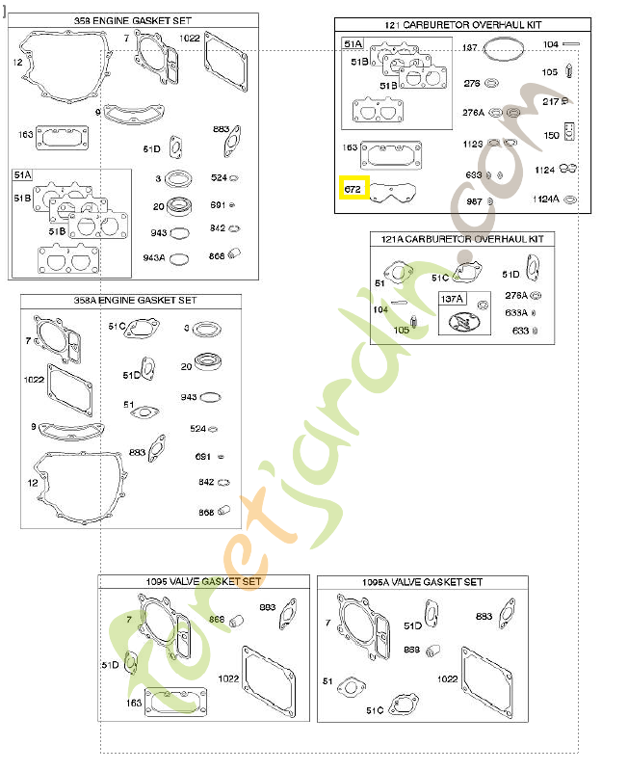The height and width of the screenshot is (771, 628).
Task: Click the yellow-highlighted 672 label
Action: click(x=353, y=190)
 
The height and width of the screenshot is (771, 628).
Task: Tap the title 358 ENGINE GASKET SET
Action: click(x=134, y=20)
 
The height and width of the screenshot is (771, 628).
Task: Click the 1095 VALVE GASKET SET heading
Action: click(x=203, y=581)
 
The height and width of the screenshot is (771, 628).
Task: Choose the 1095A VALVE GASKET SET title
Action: click(x=422, y=582)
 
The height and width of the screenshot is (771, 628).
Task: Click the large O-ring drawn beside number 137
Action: click(x=502, y=46)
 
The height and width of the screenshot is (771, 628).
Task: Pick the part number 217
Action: click(x=550, y=101)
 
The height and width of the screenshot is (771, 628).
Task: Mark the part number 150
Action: click(x=551, y=135)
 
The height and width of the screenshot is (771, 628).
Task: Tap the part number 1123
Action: click(x=472, y=145)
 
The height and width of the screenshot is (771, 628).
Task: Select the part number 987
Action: click(x=474, y=200)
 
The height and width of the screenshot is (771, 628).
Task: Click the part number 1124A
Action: click(x=546, y=199)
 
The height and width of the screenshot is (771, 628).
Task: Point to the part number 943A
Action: click(x=154, y=257)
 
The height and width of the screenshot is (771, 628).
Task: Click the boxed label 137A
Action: click(x=452, y=299)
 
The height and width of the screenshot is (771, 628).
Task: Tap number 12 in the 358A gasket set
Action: click(x=32, y=482)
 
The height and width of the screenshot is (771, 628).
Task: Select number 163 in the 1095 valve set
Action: click(x=134, y=703)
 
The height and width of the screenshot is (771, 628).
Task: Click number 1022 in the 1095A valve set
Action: click(x=447, y=678)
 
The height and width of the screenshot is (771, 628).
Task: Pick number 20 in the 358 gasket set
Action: click(x=158, y=205)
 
